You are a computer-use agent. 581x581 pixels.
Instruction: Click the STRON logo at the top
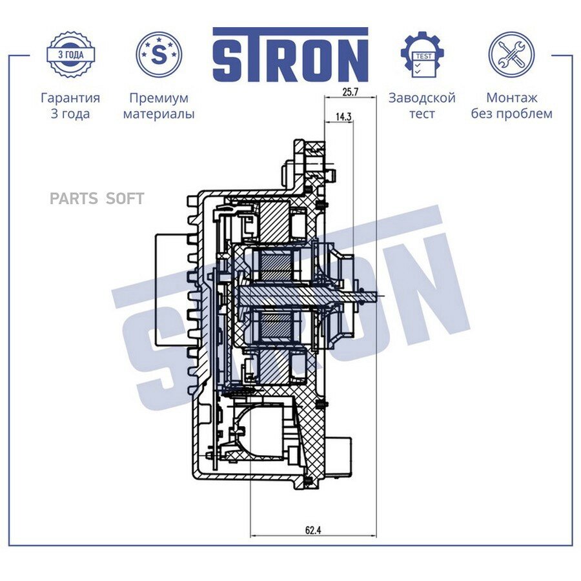click(x=290, y=55)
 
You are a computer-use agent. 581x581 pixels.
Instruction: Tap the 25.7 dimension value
click(x=350, y=92)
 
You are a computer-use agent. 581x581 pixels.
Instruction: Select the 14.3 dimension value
click(x=343, y=117)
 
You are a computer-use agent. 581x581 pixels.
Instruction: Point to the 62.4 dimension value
click(x=312, y=530)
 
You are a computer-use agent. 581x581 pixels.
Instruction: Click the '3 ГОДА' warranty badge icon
click(x=70, y=54)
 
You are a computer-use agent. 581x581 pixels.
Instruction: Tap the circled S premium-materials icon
click(x=159, y=54)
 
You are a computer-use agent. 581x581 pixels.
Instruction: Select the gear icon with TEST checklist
click(x=423, y=54)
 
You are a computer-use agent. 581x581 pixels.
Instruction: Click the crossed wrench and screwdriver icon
click(x=511, y=54)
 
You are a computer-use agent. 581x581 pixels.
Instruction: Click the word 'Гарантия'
click(x=70, y=98)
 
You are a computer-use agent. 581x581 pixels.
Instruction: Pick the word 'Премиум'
click(x=159, y=98)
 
